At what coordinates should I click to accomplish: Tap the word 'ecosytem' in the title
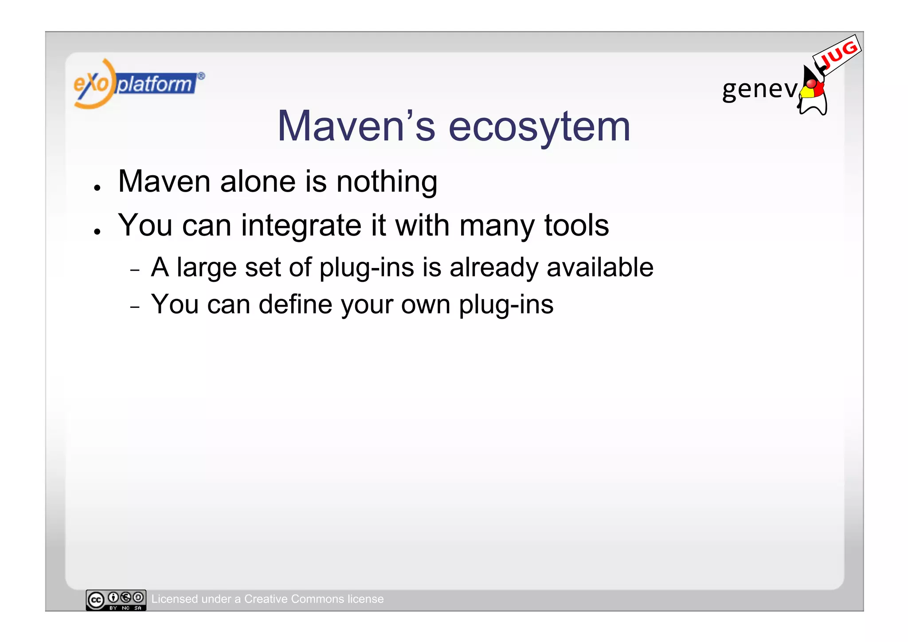click(x=539, y=127)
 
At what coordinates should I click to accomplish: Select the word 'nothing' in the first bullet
click(x=387, y=182)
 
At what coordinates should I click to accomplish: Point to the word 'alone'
click(x=258, y=181)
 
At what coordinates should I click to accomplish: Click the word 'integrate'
click(x=301, y=226)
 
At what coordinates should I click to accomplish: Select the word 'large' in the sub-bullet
click(x=207, y=268)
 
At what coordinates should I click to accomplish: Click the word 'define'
click(x=295, y=304)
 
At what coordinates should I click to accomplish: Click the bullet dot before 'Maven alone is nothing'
click(x=97, y=188)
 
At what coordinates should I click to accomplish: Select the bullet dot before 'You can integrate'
click(x=97, y=232)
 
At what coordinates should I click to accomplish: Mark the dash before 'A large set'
click(x=135, y=270)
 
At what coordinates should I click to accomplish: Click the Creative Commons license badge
click(x=116, y=600)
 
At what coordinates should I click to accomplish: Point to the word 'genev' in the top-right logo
click(x=759, y=90)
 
